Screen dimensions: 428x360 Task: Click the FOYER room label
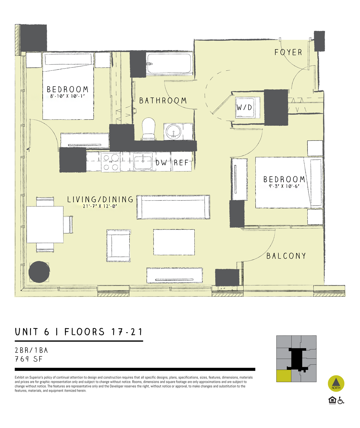tap(288, 52)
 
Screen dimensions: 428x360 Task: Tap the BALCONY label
tap(286, 256)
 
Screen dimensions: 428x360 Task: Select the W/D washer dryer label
tap(244, 107)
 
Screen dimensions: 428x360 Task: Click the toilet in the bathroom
tap(149, 128)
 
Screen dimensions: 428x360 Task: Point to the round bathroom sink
tap(173, 131)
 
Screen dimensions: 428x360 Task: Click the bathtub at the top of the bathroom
tap(169, 64)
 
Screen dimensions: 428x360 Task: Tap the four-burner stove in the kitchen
tap(111, 162)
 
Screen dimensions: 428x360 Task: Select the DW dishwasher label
tap(161, 163)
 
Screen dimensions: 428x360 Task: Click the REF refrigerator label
tap(181, 163)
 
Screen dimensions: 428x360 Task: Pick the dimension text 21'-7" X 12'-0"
tap(100, 207)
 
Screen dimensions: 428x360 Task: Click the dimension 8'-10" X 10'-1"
tap(67, 96)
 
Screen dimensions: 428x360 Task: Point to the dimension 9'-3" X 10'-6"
tap(284, 186)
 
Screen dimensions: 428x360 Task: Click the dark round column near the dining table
tap(39, 272)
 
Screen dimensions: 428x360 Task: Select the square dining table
tap(45, 224)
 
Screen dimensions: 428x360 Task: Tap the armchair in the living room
tap(118, 246)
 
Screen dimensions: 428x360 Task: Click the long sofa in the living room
tap(173, 207)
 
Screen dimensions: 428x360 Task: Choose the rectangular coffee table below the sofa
tap(174, 242)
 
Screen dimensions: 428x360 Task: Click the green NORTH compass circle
tap(336, 383)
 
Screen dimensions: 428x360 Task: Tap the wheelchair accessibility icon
tap(341, 400)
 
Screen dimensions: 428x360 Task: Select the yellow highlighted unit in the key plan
tap(283, 376)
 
